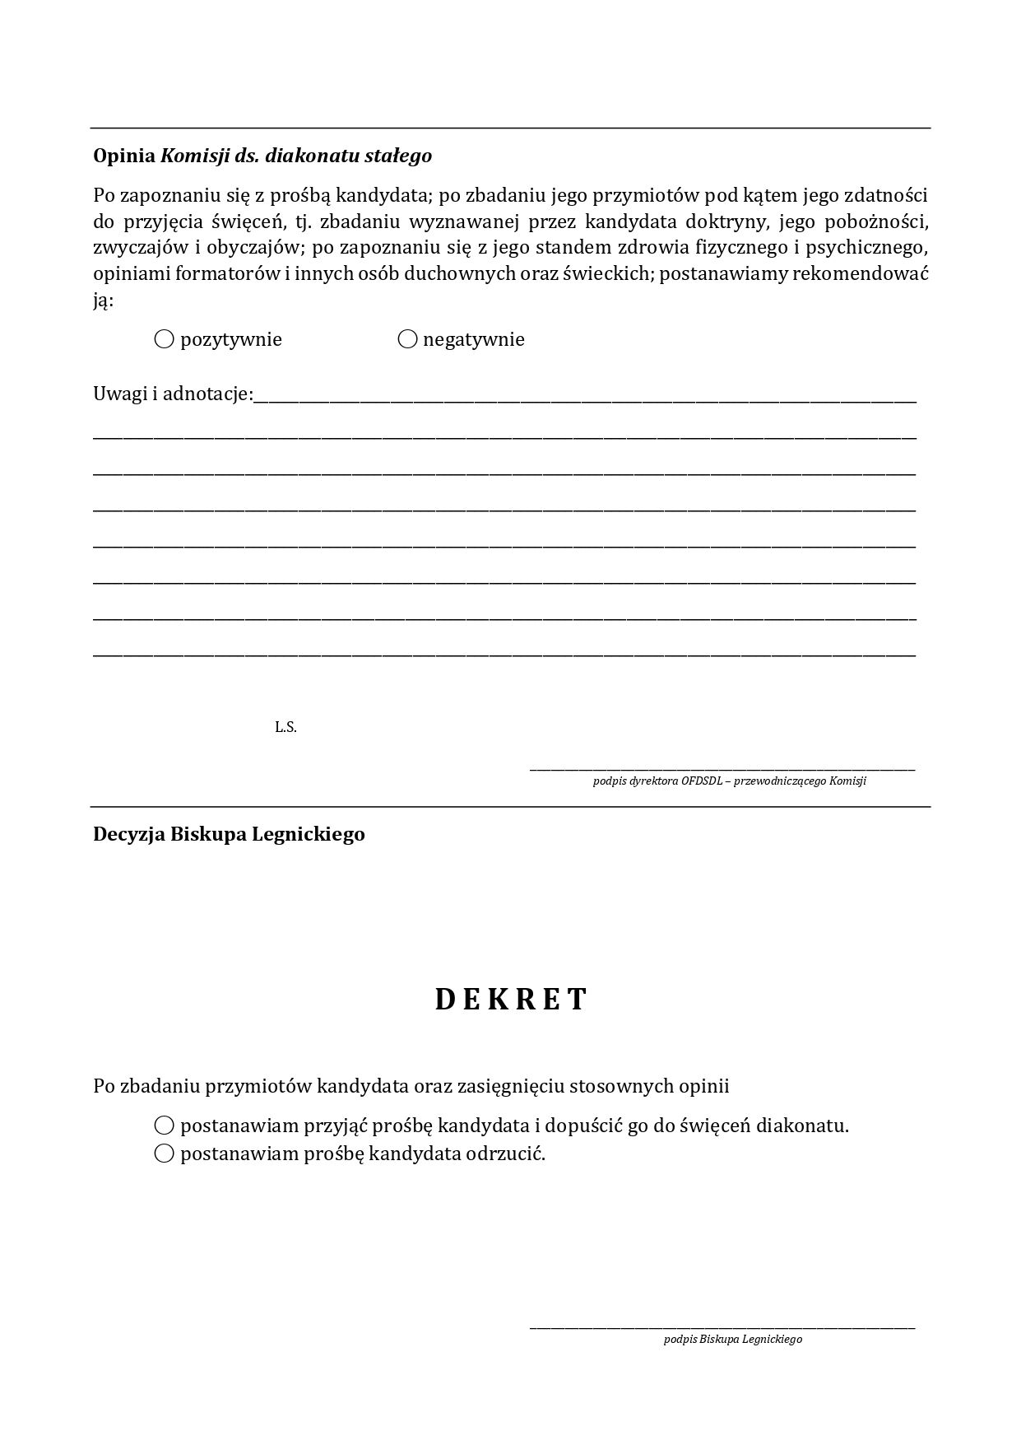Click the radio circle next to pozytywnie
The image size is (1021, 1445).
165,338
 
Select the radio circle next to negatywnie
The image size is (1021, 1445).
407,338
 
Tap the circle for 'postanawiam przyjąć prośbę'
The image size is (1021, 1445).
165,1125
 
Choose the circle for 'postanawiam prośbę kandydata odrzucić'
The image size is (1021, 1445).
165,1153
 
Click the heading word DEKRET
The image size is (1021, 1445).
511,999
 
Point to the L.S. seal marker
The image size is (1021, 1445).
285,727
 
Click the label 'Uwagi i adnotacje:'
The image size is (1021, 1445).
173,394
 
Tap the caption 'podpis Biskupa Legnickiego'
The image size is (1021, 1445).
732,1339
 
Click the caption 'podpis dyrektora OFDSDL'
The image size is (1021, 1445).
729,781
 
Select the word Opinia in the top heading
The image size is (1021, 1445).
124,155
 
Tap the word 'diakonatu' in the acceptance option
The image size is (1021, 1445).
802,1125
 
